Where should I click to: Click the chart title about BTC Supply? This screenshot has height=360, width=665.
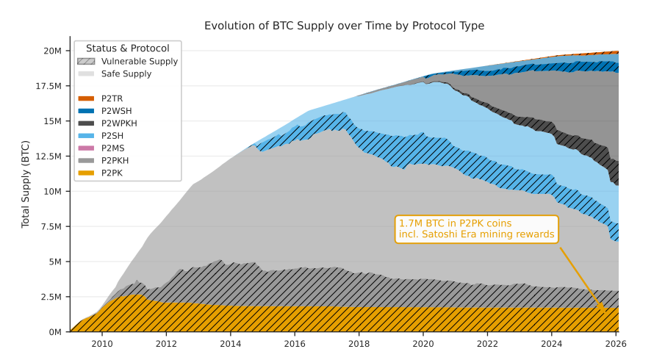coord(344,26)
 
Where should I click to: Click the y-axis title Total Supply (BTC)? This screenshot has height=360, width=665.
coord(26,184)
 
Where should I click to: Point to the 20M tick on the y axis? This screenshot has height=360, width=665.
coord(52,51)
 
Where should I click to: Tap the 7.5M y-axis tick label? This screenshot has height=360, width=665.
coord(50,227)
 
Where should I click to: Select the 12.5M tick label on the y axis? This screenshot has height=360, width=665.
coord(48,156)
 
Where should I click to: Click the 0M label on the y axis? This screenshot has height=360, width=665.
coord(54,332)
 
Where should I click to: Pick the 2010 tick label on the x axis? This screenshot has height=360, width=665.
coord(102,343)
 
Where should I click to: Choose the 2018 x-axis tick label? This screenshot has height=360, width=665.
coord(359,343)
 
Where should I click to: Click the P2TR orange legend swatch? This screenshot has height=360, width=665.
coord(86,98)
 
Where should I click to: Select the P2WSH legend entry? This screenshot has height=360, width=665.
coord(112,111)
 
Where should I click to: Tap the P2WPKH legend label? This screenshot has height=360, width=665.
coord(119,123)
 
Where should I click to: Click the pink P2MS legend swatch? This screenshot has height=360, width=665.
coord(86,148)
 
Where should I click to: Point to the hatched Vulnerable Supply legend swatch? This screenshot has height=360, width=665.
coord(86,62)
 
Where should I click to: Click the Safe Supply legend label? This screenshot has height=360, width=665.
coord(126,74)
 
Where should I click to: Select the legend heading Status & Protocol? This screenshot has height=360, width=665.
coord(128,48)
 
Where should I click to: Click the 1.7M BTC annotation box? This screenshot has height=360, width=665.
coord(476,229)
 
